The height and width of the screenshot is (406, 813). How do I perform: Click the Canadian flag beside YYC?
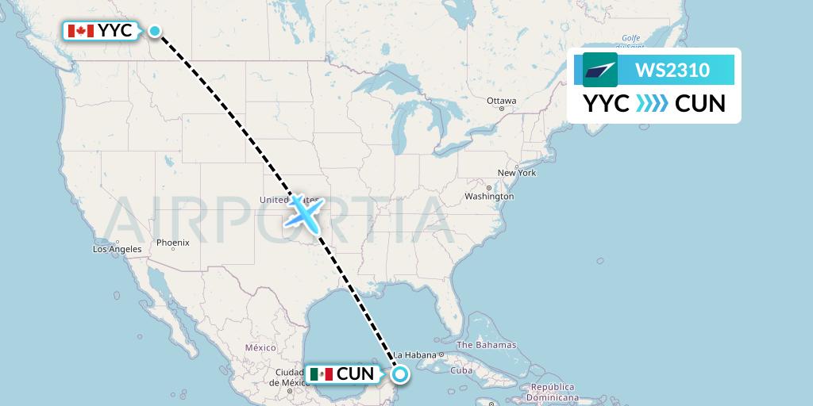(x=80, y=31)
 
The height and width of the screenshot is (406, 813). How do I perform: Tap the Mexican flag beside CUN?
(x=322, y=373)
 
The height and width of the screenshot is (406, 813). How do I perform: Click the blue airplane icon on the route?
(x=304, y=212)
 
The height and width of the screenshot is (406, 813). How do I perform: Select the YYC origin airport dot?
(x=155, y=32)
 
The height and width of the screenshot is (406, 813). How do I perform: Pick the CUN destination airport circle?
(x=399, y=374)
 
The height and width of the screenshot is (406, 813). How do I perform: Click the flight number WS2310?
(x=672, y=70)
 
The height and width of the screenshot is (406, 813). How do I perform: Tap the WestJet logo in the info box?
(x=600, y=70)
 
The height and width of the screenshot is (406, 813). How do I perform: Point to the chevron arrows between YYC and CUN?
(x=652, y=104)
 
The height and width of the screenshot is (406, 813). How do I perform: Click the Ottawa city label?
(x=502, y=101)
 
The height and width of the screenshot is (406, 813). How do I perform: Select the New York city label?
(x=517, y=173)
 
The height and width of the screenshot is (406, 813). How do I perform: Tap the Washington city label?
(x=489, y=196)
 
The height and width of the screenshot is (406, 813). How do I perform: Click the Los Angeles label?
(x=117, y=249)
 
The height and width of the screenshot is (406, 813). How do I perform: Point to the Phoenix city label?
(x=173, y=242)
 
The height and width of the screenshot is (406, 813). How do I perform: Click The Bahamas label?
(x=486, y=345)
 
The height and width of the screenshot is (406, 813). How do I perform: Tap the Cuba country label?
(x=461, y=370)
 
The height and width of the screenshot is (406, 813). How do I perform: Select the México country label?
(x=260, y=347)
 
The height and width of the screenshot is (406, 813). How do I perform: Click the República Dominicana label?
(x=554, y=392)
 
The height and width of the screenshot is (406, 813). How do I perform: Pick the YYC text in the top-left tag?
(x=116, y=31)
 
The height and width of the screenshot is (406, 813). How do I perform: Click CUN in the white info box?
(x=699, y=104)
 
